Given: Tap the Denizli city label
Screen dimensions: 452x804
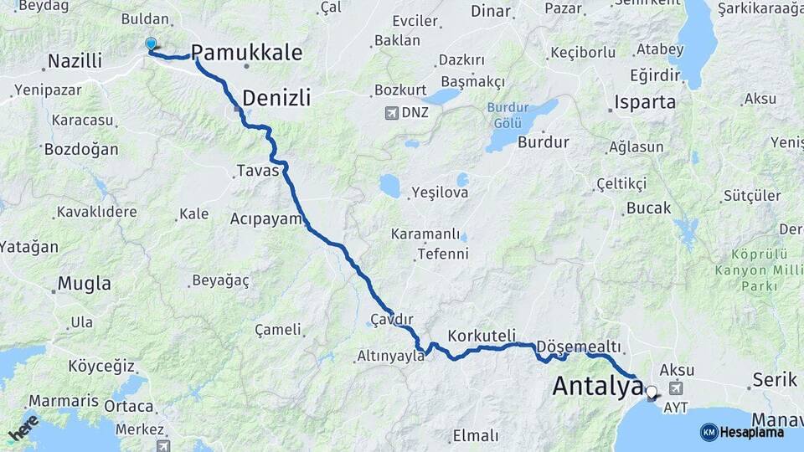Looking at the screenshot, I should pos(276,98).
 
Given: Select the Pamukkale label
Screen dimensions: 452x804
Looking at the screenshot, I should pos(247,52).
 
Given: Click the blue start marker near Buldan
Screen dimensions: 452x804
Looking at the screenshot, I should pos(151,44).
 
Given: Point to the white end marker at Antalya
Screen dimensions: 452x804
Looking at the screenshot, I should pos(651,391).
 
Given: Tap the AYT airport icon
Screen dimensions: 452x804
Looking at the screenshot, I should pos(676,388).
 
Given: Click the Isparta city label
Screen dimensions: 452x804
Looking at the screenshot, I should pos(644,103).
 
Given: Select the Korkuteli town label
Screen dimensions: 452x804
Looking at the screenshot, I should pos(482,336).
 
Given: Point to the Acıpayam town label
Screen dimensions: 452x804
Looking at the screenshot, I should pos(265,219).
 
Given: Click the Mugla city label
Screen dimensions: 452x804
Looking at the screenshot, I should pos(83,284).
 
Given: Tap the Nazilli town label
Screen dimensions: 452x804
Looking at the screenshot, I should pos(75,61).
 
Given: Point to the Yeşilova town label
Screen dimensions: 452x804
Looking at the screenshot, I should pos(440,193).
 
